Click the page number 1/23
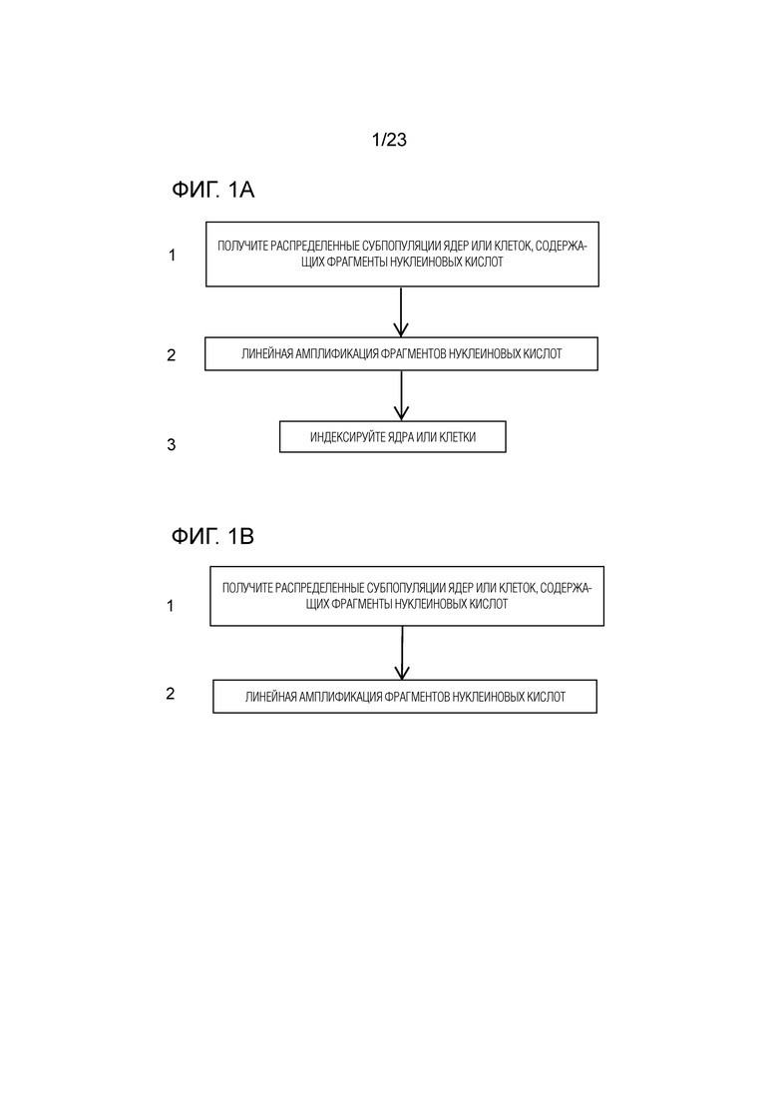click(x=389, y=140)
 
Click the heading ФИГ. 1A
click(x=212, y=190)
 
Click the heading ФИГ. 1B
click(x=212, y=536)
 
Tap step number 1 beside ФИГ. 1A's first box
click(x=172, y=256)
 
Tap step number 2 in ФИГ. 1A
click(x=172, y=355)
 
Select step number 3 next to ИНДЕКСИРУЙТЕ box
click(x=172, y=444)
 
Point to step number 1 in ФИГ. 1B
click(x=170, y=605)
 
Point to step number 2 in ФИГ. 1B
click(x=170, y=693)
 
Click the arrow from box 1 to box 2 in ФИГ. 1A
click(x=401, y=311)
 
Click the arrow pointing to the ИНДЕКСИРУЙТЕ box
click(x=401, y=395)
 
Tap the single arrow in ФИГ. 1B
click(x=402, y=653)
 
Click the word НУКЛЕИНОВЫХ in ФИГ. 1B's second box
click(x=487, y=697)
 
